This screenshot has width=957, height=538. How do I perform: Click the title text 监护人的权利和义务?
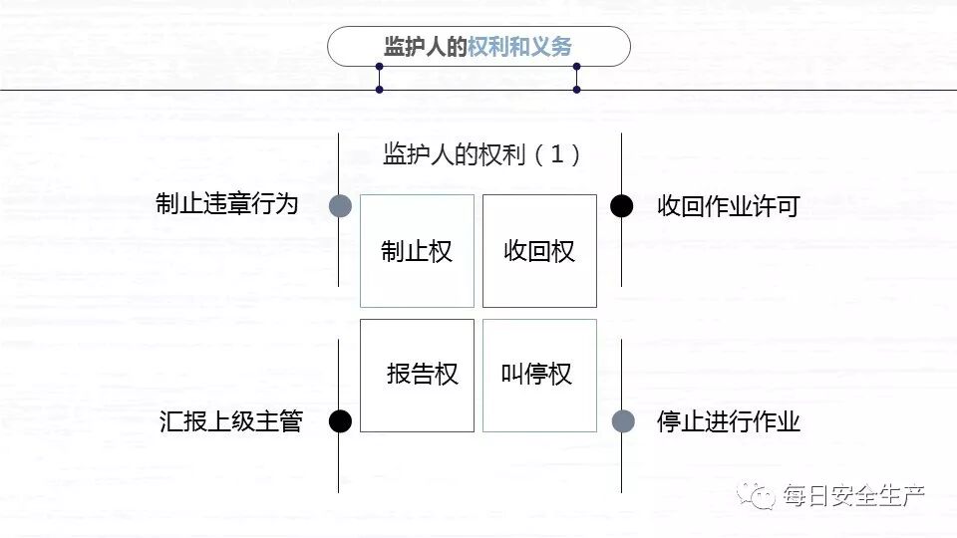pyautogui.click(x=478, y=47)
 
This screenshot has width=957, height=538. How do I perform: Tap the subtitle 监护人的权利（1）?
pyautogui.click(x=482, y=154)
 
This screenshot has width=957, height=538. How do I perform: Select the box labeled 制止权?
pyautogui.click(x=417, y=251)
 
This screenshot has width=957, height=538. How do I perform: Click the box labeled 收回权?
pyautogui.click(x=539, y=251)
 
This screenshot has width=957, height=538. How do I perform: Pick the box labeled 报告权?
pyautogui.click(x=417, y=375)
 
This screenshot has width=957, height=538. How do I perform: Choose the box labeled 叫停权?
pyautogui.click(x=539, y=375)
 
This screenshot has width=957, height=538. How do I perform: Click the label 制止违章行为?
pyautogui.click(x=227, y=204)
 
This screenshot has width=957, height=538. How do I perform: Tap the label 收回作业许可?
pyautogui.click(x=728, y=206)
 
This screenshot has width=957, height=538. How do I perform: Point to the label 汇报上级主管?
pyautogui.click(x=230, y=421)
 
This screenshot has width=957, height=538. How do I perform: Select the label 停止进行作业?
pyautogui.click(x=728, y=421)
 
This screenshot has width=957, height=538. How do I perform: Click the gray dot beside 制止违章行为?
pyautogui.click(x=340, y=205)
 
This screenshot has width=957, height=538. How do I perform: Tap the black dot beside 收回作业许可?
pyautogui.click(x=622, y=205)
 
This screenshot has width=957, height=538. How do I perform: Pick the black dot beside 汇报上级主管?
pyautogui.click(x=340, y=421)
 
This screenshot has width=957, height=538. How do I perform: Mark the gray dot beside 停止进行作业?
pyautogui.click(x=623, y=421)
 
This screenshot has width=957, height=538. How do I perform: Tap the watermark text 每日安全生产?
pyautogui.click(x=854, y=495)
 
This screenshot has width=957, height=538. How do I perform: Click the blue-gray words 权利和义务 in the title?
pyautogui.click(x=520, y=47)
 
